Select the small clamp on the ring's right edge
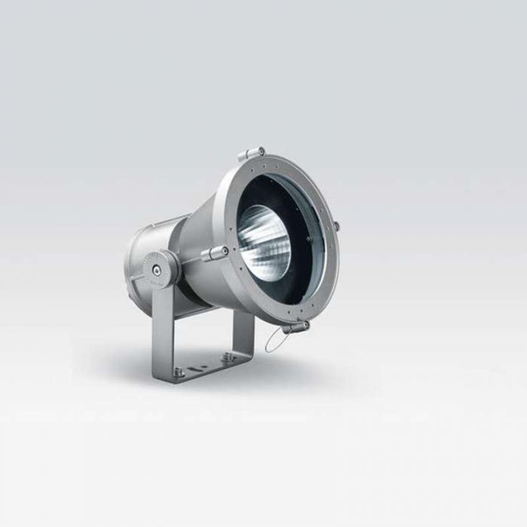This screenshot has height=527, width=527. (337, 225)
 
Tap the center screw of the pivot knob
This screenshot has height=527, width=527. (156, 267)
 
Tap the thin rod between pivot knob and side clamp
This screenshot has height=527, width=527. (192, 259)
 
